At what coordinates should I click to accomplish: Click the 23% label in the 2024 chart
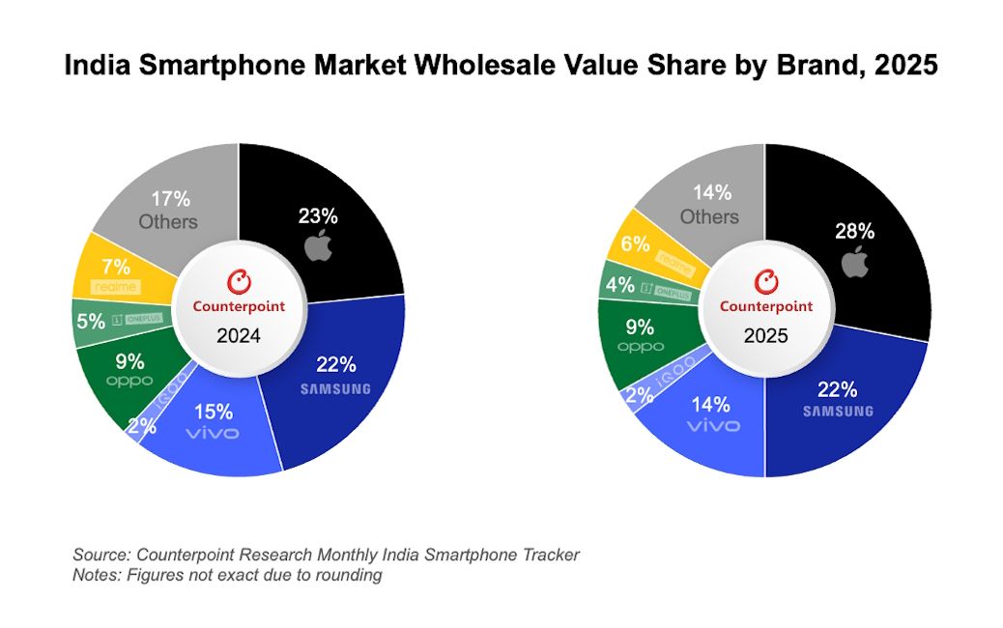tap(318, 216)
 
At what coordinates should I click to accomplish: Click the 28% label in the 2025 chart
tap(854, 231)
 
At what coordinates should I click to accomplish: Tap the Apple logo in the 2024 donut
tap(318, 247)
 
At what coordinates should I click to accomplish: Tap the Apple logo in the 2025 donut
tap(855, 261)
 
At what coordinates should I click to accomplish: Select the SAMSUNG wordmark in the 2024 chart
tap(335, 388)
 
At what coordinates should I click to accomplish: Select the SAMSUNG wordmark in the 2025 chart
tap(838, 411)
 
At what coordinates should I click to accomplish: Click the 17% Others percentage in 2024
tap(170, 199)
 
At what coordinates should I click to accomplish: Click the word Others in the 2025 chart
tap(708, 216)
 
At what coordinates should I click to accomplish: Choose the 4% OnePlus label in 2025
tap(620, 286)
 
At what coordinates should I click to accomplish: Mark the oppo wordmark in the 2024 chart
tap(129, 381)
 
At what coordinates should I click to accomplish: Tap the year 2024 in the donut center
tap(237, 339)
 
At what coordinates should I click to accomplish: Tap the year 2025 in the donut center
tap(765, 338)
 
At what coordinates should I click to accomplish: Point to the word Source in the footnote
tap(101, 555)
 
